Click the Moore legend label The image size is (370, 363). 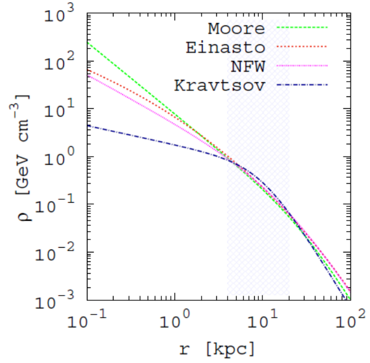236,28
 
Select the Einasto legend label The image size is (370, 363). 226,47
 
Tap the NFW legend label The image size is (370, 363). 248,67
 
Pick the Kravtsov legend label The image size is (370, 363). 220,86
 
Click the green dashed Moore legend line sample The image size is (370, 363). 302,27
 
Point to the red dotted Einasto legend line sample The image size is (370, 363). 302,47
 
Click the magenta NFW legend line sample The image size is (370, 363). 302,66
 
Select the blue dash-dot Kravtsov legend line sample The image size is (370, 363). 302,85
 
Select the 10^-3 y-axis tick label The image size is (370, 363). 55,300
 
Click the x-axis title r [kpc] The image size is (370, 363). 218,349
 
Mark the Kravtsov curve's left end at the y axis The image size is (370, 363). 87,125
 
